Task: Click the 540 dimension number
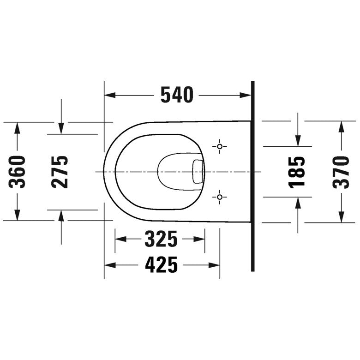click(177, 95)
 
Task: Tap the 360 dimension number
click(17, 172)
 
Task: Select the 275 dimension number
click(60, 172)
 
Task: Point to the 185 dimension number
click(297, 173)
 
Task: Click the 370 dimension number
click(341, 172)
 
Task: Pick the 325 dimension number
click(161, 239)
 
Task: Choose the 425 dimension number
click(162, 265)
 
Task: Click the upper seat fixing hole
click(220, 146)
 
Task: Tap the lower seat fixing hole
click(220, 197)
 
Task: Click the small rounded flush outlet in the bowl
click(198, 172)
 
